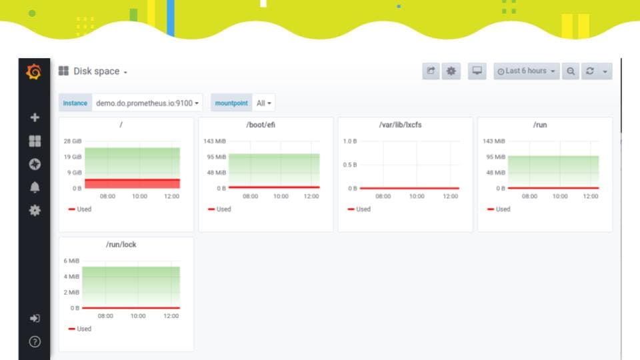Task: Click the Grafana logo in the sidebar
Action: tap(34, 72)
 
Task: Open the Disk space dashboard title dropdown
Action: tap(100, 71)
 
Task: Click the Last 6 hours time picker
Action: tap(526, 71)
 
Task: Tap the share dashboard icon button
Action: tap(431, 71)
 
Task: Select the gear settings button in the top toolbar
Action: tap(451, 71)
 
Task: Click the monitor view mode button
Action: tap(477, 71)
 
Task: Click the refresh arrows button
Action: tap(590, 71)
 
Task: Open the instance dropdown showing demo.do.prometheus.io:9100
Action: tap(147, 103)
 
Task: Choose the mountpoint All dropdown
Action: tap(264, 103)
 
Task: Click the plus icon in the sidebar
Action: tap(35, 117)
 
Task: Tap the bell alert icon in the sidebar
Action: tap(35, 187)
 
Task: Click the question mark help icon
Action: tap(35, 341)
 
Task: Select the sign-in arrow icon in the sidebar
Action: tap(35, 319)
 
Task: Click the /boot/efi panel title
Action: tap(261, 125)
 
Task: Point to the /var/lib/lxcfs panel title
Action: tap(400, 125)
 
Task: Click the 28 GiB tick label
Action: tap(73, 141)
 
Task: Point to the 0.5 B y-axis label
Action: tap(350, 165)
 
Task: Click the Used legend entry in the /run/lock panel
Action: tap(80, 329)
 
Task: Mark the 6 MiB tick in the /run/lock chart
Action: tap(71, 261)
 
